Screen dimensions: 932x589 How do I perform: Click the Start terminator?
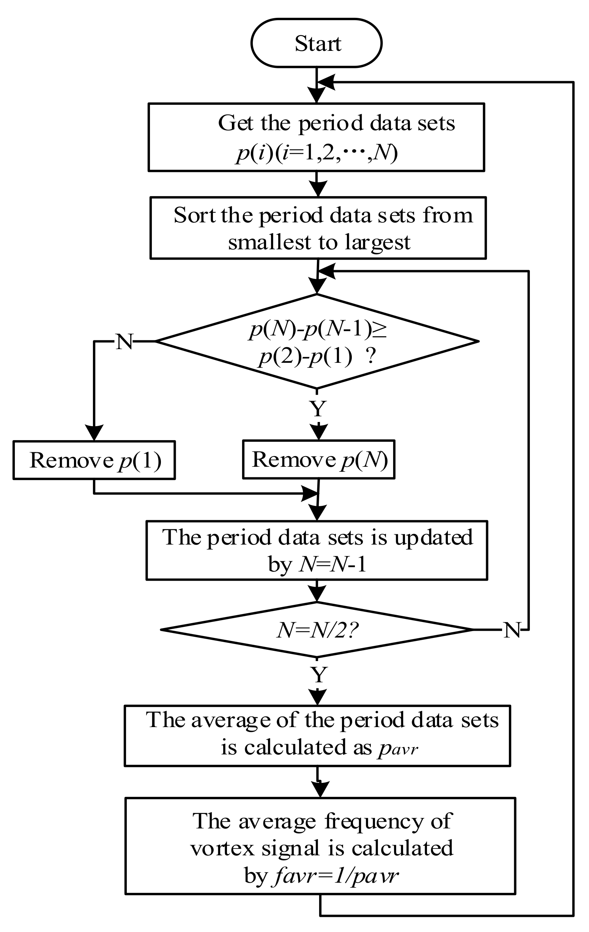pyautogui.click(x=316, y=43)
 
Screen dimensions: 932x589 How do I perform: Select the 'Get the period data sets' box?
pyautogui.click(x=316, y=137)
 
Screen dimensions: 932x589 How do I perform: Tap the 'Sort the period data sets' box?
pyautogui.click(x=318, y=228)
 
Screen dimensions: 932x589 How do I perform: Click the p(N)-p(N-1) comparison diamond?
pyautogui.click(x=317, y=342)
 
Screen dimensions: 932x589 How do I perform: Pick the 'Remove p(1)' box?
pyautogui.click(x=94, y=460)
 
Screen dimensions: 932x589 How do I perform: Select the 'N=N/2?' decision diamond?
pyautogui.click(x=317, y=630)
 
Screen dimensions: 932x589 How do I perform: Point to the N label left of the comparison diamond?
pyautogui.click(x=124, y=342)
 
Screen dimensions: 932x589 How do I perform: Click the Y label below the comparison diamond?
pyautogui.click(x=318, y=408)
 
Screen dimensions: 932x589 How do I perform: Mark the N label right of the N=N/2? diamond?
pyautogui.click(x=512, y=630)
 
